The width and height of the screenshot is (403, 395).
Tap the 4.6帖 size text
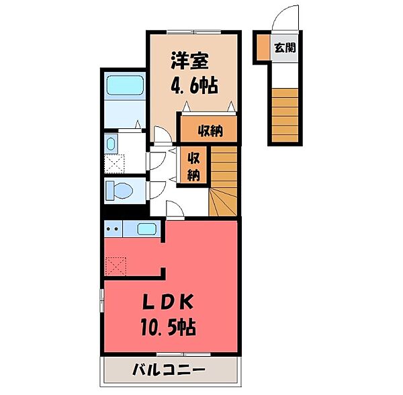click(x=194, y=87)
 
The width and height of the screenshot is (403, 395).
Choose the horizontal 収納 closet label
click(x=210, y=130)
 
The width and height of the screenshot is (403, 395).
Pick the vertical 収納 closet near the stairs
click(x=194, y=165)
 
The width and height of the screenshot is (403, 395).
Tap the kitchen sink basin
click(x=148, y=229)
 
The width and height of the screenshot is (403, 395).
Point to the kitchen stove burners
click(x=113, y=229)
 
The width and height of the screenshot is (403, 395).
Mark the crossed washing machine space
click(x=115, y=163)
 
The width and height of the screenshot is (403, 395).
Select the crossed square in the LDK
click(x=115, y=267)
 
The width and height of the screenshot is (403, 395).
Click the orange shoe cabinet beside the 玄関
click(x=261, y=48)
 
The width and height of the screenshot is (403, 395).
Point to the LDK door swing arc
click(x=173, y=210)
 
